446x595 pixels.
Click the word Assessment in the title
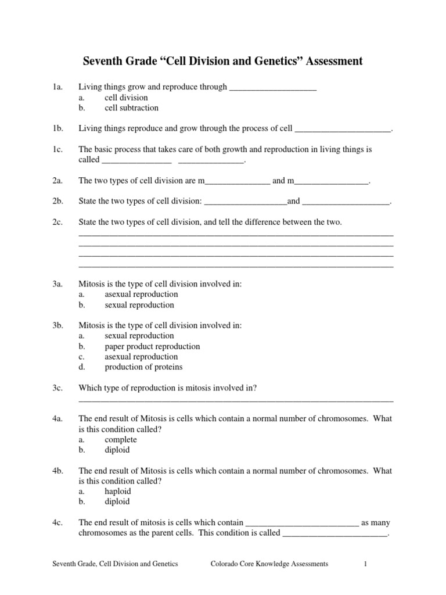click(329, 61)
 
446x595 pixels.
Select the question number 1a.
click(57, 87)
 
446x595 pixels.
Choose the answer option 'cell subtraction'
click(131, 107)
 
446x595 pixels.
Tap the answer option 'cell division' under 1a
click(126, 97)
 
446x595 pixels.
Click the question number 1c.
click(57, 149)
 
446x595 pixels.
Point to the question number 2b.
click(57, 202)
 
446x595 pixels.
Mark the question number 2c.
click(57, 223)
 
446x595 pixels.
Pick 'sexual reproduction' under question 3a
click(139, 304)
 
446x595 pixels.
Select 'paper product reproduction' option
click(152, 346)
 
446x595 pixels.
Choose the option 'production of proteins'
click(143, 367)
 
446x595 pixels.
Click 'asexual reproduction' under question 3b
click(141, 357)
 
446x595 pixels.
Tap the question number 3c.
click(57, 388)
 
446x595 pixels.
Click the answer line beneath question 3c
click(236, 400)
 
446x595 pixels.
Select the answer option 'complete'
click(121, 439)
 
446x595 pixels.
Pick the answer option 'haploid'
click(118, 491)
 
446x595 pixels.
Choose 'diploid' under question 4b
click(117, 501)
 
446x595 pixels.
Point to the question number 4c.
click(57, 522)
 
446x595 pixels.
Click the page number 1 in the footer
click(366, 564)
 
